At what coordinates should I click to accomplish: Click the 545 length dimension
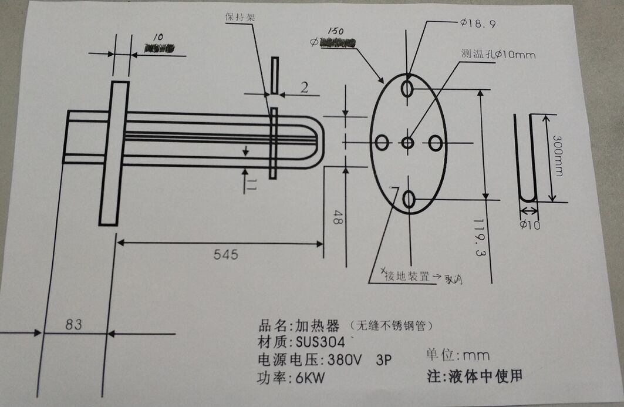(226, 254)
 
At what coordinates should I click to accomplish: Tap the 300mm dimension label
(558, 156)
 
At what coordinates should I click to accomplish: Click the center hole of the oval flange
(408, 142)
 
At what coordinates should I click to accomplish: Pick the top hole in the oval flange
(408, 88)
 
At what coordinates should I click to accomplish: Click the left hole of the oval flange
(382, 142)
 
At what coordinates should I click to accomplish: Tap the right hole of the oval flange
(436, 142)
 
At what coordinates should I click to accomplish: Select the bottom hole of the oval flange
(409, 200)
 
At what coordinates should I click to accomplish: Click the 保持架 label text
(240, 17)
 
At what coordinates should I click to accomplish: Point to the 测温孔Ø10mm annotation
(498, 55)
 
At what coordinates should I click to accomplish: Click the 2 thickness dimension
(304, 89)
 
